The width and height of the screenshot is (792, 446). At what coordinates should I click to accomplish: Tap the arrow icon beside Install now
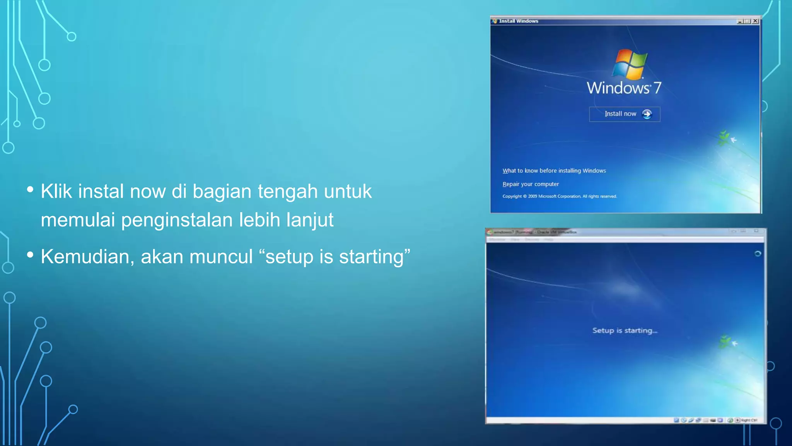tap(647, 114)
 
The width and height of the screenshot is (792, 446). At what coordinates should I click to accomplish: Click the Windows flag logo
tap(630, 64)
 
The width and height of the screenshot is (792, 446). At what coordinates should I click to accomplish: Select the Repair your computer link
tap(531, 184)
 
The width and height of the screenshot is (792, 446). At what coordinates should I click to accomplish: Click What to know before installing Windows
tap(554, 171)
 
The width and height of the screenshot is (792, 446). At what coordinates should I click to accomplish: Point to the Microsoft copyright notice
tap(559, 196)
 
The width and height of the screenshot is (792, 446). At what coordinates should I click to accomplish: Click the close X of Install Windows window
tap(755, 21)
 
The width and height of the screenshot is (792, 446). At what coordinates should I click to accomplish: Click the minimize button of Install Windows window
tap(740, 21)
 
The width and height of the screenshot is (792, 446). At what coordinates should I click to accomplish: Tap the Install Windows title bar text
tap(518, 21)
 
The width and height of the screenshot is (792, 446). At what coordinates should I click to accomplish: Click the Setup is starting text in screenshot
tap(624, 331)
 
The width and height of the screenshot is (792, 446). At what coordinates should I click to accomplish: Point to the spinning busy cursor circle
tap(758, 254)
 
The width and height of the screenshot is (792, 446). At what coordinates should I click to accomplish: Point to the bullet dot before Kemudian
tap(30, 255)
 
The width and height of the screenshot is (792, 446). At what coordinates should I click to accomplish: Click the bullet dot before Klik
tap(30, 189)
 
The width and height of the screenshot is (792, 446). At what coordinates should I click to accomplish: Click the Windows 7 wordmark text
tap(623, 88)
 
